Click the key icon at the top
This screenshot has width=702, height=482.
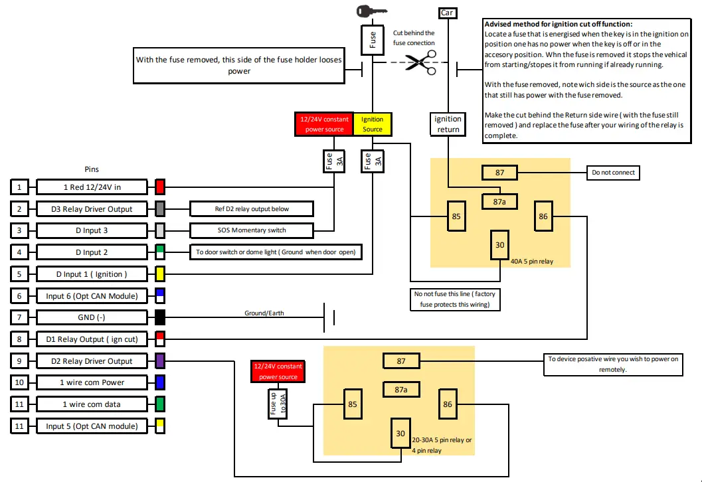click(x=371, y=11)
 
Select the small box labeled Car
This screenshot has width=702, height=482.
click(x=448, y=13)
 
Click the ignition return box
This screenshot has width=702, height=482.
click(x=448, y=123)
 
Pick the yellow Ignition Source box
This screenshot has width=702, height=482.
click(x=372, y=124)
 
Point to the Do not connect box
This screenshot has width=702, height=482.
click(x=613, y=173)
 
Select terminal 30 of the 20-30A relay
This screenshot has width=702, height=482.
click(x=400, y=433)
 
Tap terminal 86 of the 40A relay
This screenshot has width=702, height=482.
click(x=543, y=216)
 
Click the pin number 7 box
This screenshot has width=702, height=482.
click(x=20, y=317)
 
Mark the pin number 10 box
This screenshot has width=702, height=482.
click(x=20, y=382)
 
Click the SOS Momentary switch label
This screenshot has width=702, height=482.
click(x=251, y=230)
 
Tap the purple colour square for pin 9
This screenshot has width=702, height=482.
click(x=159, y=361)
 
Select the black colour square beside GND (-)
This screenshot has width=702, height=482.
click(x=159, y=317)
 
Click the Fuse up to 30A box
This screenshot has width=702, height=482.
click(x=277, y=404)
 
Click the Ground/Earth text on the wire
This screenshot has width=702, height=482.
click(x=264, y=313)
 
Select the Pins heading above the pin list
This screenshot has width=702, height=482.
click(x=92, y=169)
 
